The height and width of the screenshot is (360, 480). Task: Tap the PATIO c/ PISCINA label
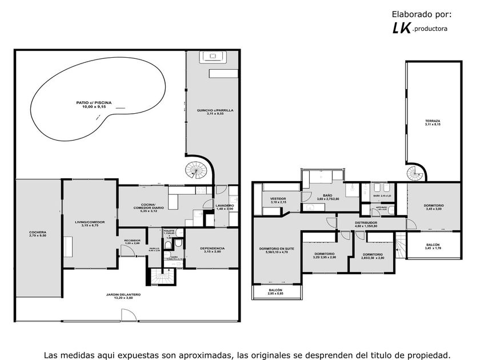click(94, 105)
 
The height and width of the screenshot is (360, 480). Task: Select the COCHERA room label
click(38, 234)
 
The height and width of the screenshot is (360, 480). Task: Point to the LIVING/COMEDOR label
click(90, 223)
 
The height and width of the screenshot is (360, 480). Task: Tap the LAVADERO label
click(225, 207)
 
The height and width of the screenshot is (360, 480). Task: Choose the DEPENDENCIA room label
click(212, 250)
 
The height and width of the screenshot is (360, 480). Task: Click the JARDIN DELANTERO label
click(123, 296)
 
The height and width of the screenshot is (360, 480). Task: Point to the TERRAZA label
click(433, 122)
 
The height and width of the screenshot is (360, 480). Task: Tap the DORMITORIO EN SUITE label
click(277, 250)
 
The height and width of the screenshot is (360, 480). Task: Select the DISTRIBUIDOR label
click(366, 224)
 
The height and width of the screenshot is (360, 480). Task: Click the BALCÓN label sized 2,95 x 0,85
click(278, 293)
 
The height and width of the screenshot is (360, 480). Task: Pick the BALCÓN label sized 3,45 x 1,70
click(433, 246)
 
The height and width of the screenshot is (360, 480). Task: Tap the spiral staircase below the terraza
click(415, 173)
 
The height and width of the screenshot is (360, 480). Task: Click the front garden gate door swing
click(126, 315)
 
